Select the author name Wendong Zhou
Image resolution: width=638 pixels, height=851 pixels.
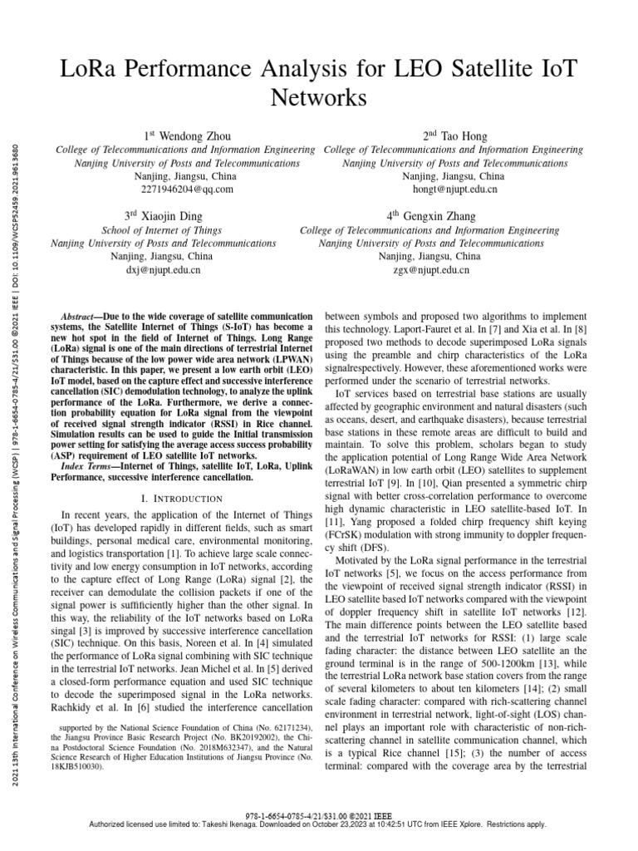(x=194, y=135)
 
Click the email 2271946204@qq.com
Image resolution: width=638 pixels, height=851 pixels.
(x=184, y=189)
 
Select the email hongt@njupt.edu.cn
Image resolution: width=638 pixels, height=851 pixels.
(x=453, y=189)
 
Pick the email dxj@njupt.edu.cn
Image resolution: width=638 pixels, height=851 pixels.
(x=163, y=269)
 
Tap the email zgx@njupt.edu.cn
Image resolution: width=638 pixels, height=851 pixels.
(x=429, y=269)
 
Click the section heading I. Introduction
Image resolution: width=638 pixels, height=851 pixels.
(x=184, y=497)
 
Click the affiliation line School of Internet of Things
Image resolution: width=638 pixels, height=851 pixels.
(x=163, y=229)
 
